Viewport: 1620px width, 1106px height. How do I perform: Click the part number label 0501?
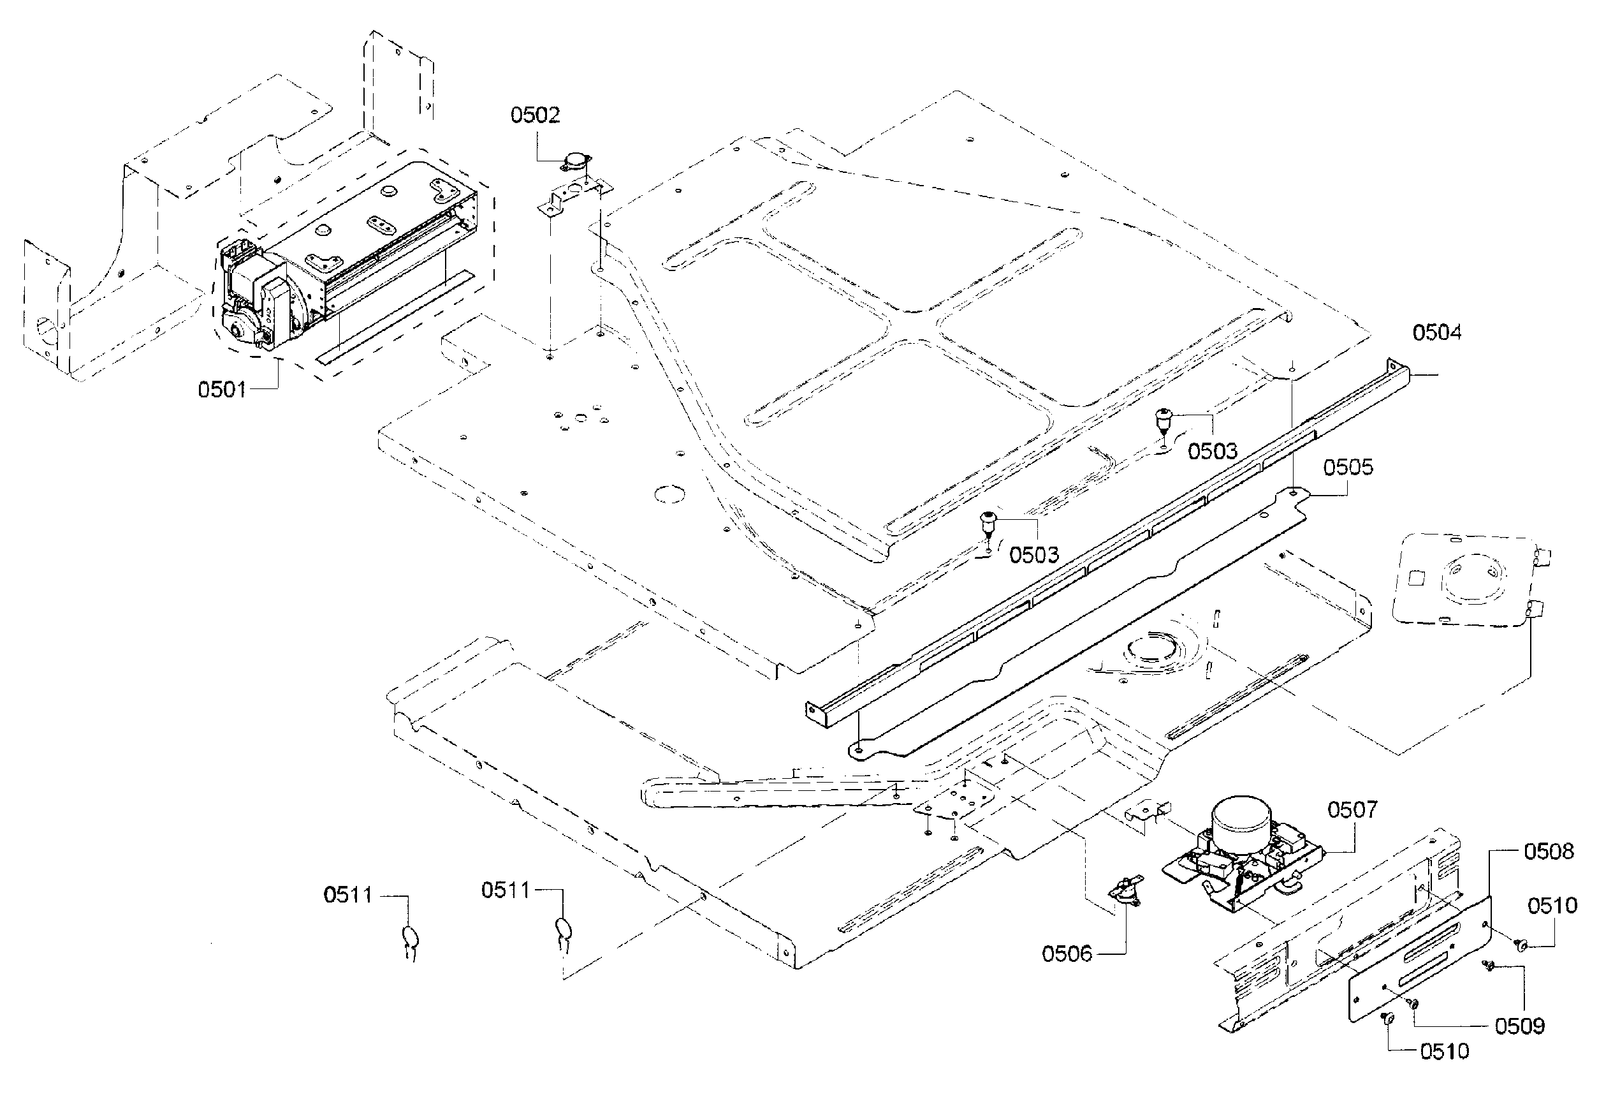tap(222, 389)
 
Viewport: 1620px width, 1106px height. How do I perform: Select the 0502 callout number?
tap(535, 115)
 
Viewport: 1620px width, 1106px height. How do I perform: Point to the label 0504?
tap(1436, 333)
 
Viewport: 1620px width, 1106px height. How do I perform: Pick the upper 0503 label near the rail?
tap(1212, 451)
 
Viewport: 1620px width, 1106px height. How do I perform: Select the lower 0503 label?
tap(1033, 555)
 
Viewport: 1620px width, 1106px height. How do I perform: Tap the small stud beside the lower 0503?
tap(987, 522)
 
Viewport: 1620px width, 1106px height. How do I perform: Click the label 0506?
tap(1067, 954)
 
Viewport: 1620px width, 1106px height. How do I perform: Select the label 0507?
tap(1352, 809)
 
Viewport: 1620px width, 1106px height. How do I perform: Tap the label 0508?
tap(1548, 852)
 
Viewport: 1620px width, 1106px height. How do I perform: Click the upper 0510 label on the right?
tap(1552, 906)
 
